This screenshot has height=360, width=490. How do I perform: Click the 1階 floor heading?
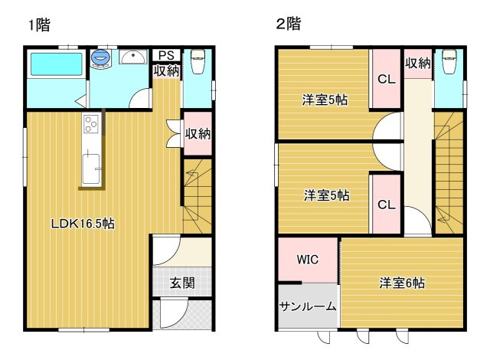[x=39, y=25]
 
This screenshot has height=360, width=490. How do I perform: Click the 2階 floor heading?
[x=289, y=24]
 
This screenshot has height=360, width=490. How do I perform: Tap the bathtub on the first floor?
[x=56, y=64]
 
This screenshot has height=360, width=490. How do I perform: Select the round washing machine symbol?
[x=100, y=57]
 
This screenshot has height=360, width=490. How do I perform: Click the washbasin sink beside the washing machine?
[x=133, y=57]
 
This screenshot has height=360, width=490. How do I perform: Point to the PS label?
[x=166, y=55]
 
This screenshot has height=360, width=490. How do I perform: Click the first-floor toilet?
[x=198, y=61]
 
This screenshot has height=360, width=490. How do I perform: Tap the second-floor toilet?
[x=449, y=61]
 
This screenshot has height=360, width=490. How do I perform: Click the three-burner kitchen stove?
[x=91, y=124]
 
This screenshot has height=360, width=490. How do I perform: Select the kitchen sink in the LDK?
[x=91, y=169]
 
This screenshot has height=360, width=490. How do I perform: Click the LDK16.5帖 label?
[x=83, y=224]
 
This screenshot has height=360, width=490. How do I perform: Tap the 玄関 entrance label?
[x=182, y=283]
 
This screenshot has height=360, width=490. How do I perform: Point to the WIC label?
[x=308, y=260]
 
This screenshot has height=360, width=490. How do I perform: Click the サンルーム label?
[x=308, y=306]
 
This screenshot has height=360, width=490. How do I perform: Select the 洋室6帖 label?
[x=402, y=283]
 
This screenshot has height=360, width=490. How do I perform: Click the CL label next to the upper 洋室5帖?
[x=387, y=79]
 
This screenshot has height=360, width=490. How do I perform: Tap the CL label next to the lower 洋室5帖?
[x=387, y=205]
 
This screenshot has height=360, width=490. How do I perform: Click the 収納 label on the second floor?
[x=418, y=64]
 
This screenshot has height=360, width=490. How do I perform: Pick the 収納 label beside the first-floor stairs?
[x=198, y=134]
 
